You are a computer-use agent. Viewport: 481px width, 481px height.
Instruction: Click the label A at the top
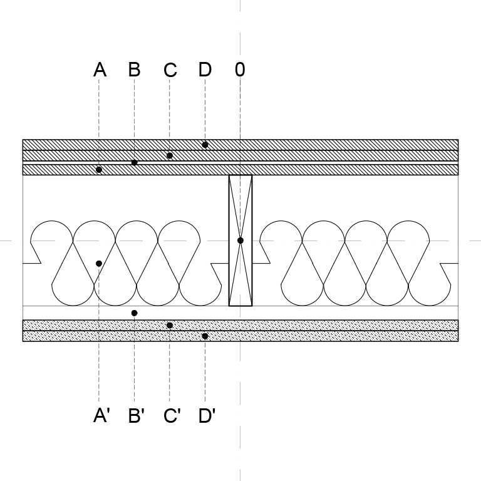click(100, 70)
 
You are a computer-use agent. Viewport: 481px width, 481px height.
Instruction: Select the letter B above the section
click(135, 70)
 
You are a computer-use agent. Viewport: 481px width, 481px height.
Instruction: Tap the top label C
click(170, 70)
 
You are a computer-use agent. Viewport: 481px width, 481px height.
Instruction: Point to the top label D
click(205, 70)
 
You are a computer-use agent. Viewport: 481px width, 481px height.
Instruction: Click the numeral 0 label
click(240, 70)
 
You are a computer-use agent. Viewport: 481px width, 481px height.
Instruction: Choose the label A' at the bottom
click(101, 416)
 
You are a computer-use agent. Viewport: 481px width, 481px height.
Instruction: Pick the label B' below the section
click(137, 416)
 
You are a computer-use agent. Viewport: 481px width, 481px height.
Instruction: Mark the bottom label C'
click(172, 416)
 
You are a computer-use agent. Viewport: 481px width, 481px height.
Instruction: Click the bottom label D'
click(207, 416)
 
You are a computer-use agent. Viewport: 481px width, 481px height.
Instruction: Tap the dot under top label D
click(205, 145)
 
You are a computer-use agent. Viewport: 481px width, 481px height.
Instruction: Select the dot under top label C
click(170, 155)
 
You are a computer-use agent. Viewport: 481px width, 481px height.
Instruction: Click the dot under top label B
click(134, 163)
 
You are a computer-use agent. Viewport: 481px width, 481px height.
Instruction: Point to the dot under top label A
click(99, 170)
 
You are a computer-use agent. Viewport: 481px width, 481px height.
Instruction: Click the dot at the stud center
click(240, 240)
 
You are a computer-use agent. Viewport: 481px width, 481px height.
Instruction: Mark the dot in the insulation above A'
click(99, 264)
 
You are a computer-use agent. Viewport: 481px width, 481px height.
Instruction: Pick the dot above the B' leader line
click(134, 313)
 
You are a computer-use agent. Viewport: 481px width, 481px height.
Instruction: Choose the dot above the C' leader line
click(170, 325)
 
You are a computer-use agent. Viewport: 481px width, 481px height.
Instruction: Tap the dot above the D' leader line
click(205, 336)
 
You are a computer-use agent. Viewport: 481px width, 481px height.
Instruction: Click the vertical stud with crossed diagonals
click(240, 240)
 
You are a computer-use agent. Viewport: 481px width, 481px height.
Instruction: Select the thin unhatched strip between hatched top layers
click(240, 163)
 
